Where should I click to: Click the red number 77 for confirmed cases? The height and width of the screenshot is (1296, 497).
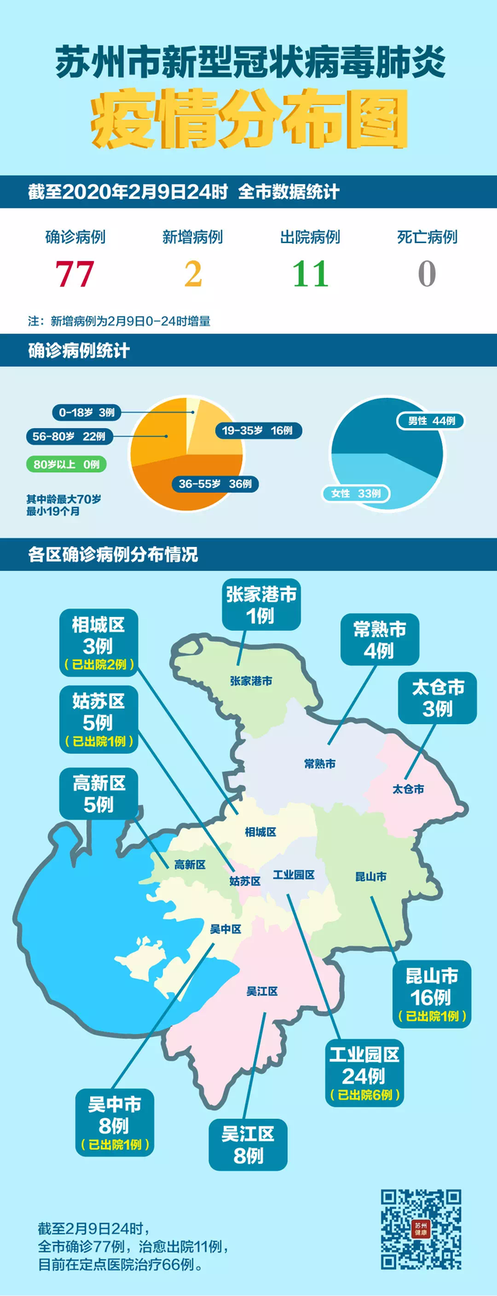(75, 274)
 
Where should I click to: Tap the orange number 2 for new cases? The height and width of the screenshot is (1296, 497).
(193, 274)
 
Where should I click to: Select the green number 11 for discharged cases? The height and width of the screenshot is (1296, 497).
(311, 274)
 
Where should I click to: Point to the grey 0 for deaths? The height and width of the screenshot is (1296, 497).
(427, 274)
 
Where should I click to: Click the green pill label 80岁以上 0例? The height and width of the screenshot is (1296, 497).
(67, 465)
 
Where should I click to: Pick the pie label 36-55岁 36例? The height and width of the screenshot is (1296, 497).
(215, 484)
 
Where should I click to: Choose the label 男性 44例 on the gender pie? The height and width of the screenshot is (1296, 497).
(432, 421)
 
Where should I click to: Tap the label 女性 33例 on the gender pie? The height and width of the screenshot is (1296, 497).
(356, 493)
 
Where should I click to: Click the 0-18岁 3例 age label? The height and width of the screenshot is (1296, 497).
(86, 413)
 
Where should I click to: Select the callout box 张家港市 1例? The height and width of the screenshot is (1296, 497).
(261, 605)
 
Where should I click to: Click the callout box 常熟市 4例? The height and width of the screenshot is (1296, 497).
(380, 640)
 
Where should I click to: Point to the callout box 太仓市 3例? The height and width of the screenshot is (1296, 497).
(438, 698)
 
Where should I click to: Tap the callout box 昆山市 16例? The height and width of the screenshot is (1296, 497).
(433, 995)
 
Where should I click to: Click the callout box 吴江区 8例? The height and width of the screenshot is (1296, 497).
(248, 1144)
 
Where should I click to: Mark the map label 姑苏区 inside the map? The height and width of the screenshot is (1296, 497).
(245, 881)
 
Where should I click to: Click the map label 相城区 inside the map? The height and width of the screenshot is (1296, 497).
(260, 832)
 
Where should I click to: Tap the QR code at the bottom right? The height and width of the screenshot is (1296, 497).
(420, 1229)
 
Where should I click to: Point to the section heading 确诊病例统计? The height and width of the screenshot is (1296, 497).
(78, 350)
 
